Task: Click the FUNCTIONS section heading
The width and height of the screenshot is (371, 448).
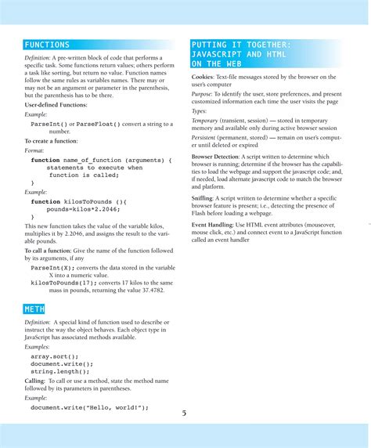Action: tap(47, 45)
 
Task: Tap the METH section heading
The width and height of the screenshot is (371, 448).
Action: tap(35, 309)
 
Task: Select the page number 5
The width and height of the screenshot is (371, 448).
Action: tap(185, 413)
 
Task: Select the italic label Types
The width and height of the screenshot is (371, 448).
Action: tap(200, 111)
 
